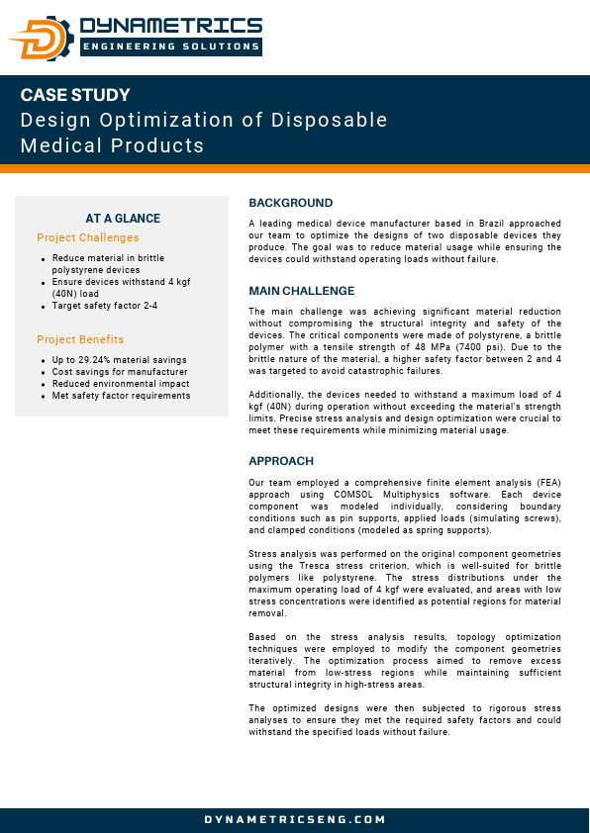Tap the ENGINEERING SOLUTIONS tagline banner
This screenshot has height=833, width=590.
[170, 46]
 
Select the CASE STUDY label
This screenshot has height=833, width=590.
[75, 96]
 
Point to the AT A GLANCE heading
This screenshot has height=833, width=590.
[123, 219]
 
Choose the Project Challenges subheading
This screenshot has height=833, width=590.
[87, 237]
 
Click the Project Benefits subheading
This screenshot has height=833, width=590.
[80, 339]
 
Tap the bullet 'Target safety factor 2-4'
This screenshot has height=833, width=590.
[105, 306]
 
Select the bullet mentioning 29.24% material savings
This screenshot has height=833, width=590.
[120, 360]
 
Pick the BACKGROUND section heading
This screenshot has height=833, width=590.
[291, 203]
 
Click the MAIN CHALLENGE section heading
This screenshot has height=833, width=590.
[302, 291]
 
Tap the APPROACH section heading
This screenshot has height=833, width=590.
[281, 461]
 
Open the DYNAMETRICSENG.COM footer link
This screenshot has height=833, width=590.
[295, 819]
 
